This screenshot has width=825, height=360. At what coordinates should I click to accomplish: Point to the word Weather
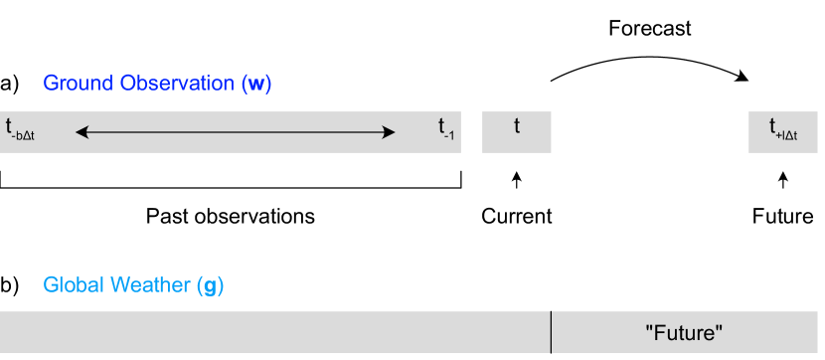(x=147, y=285)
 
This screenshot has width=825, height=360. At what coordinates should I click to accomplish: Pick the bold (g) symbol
(x=211, y=286)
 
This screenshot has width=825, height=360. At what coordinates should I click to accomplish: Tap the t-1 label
(x=446, y=129)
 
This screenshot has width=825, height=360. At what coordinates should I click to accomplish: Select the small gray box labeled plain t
(x=517, y=132)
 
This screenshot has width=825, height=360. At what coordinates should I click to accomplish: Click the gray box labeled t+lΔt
(x=783, y=132)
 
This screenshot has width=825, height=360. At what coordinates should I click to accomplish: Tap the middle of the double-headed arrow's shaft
(x=236, y=132)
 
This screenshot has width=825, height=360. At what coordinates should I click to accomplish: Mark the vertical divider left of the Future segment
(x=552, y=332)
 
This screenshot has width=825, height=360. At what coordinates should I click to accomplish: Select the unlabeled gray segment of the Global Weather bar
(x=275, y=332)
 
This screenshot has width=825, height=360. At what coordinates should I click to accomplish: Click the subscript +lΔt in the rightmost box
(x=788, y=135)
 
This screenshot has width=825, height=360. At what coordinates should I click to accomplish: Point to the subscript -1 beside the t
(x=450, y=135)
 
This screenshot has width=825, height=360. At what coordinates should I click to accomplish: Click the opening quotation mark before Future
(x=650, y=327)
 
